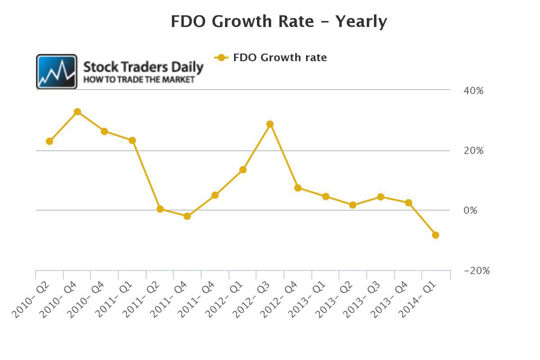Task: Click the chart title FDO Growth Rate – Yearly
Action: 279,22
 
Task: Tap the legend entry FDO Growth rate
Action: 271,58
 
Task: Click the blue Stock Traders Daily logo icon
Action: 57,72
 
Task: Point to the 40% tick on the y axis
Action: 473,90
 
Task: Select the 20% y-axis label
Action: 473,151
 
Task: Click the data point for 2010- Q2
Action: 49,141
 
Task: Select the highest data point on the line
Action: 77,112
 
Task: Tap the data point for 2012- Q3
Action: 270,124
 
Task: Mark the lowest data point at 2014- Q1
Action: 436,235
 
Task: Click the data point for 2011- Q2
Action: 160,209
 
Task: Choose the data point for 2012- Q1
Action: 243,170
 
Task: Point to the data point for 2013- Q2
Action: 353,205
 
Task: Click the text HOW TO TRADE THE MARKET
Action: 139,80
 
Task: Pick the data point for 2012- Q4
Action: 298,188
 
